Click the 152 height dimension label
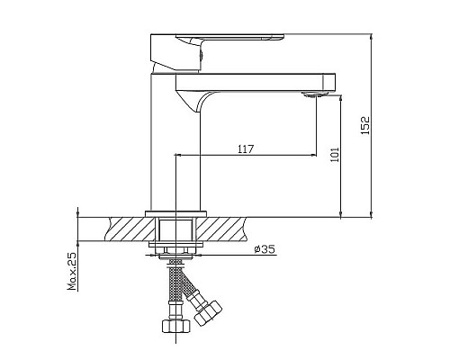[x=364, y=126]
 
